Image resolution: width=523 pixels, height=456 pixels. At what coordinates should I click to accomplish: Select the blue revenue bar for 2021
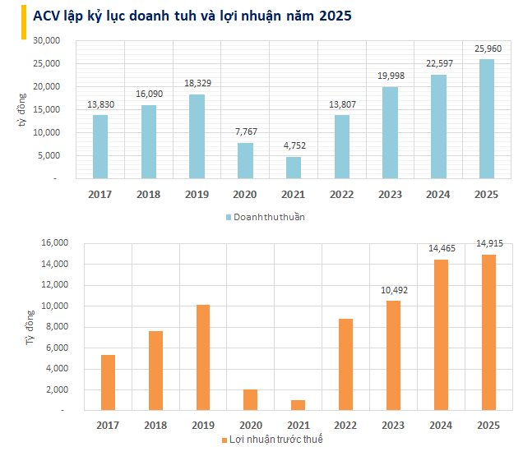(294, 168)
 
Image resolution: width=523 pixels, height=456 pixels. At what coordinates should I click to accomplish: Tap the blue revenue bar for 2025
(487, 118)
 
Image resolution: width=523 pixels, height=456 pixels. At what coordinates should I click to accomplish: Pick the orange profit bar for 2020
(250, 399)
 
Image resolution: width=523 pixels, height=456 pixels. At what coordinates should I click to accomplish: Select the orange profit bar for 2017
(107, 382)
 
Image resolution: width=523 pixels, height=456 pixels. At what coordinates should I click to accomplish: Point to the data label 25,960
(488, 48)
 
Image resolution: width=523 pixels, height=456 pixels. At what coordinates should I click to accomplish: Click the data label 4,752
(294, 145)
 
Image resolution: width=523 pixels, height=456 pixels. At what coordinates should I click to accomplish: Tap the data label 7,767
(245, 131)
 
